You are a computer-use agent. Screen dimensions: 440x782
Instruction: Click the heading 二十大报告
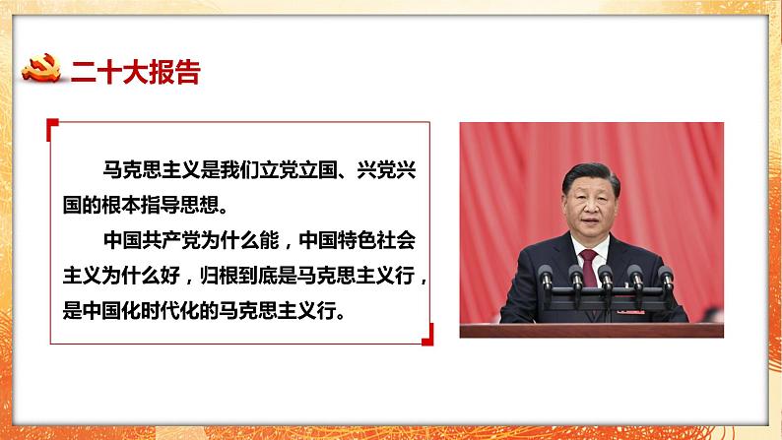[134, 72]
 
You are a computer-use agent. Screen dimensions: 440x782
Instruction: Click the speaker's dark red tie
[588, 265]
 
